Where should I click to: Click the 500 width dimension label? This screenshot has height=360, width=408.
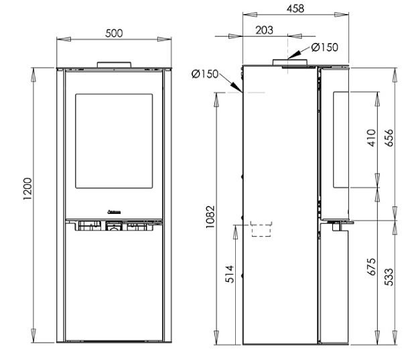tap(113, 34)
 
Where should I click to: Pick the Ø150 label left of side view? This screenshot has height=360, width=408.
tap(205, 74)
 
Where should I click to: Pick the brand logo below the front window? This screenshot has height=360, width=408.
tap(113, 212)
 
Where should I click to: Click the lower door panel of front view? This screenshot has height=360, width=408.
tap(113, 288)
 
